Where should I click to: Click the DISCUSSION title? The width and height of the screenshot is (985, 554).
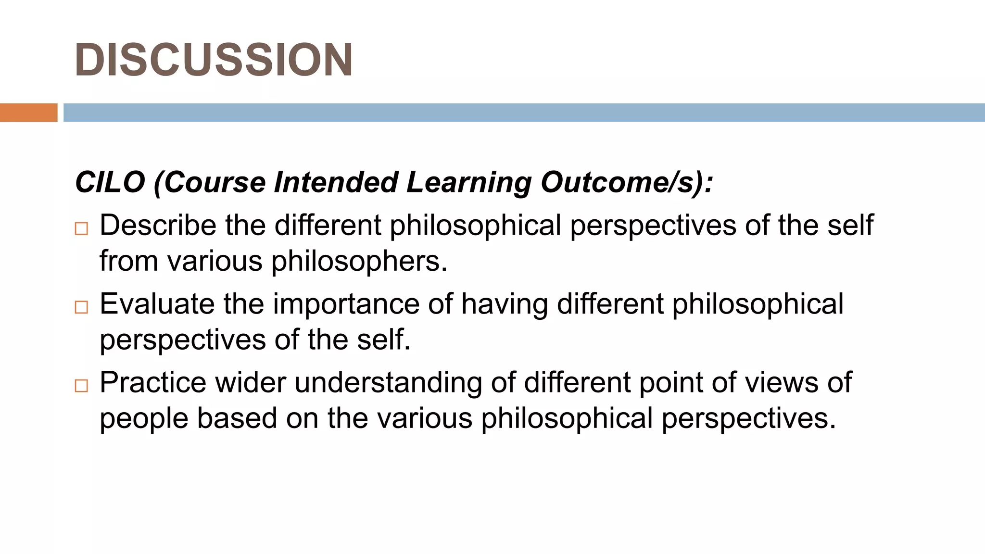(214, 60)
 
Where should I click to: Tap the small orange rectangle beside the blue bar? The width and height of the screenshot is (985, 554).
(28, 113)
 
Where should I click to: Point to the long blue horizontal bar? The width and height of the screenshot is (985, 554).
(524, 113)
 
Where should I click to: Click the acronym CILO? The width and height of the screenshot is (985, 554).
(110, 182)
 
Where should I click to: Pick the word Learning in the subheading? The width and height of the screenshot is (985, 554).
(469, 183)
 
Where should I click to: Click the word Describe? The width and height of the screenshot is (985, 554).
(158, 225)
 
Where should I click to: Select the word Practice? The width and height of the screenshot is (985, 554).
(153, 383)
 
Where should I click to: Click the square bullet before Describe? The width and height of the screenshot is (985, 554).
(82, 228)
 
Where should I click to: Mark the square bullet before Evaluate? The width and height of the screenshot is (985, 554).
(82, 307)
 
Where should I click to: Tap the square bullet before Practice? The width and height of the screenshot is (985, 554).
(82, 386)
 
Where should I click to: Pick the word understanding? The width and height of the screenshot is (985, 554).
(388, 383)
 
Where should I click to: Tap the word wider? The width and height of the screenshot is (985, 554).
(251, 383)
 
